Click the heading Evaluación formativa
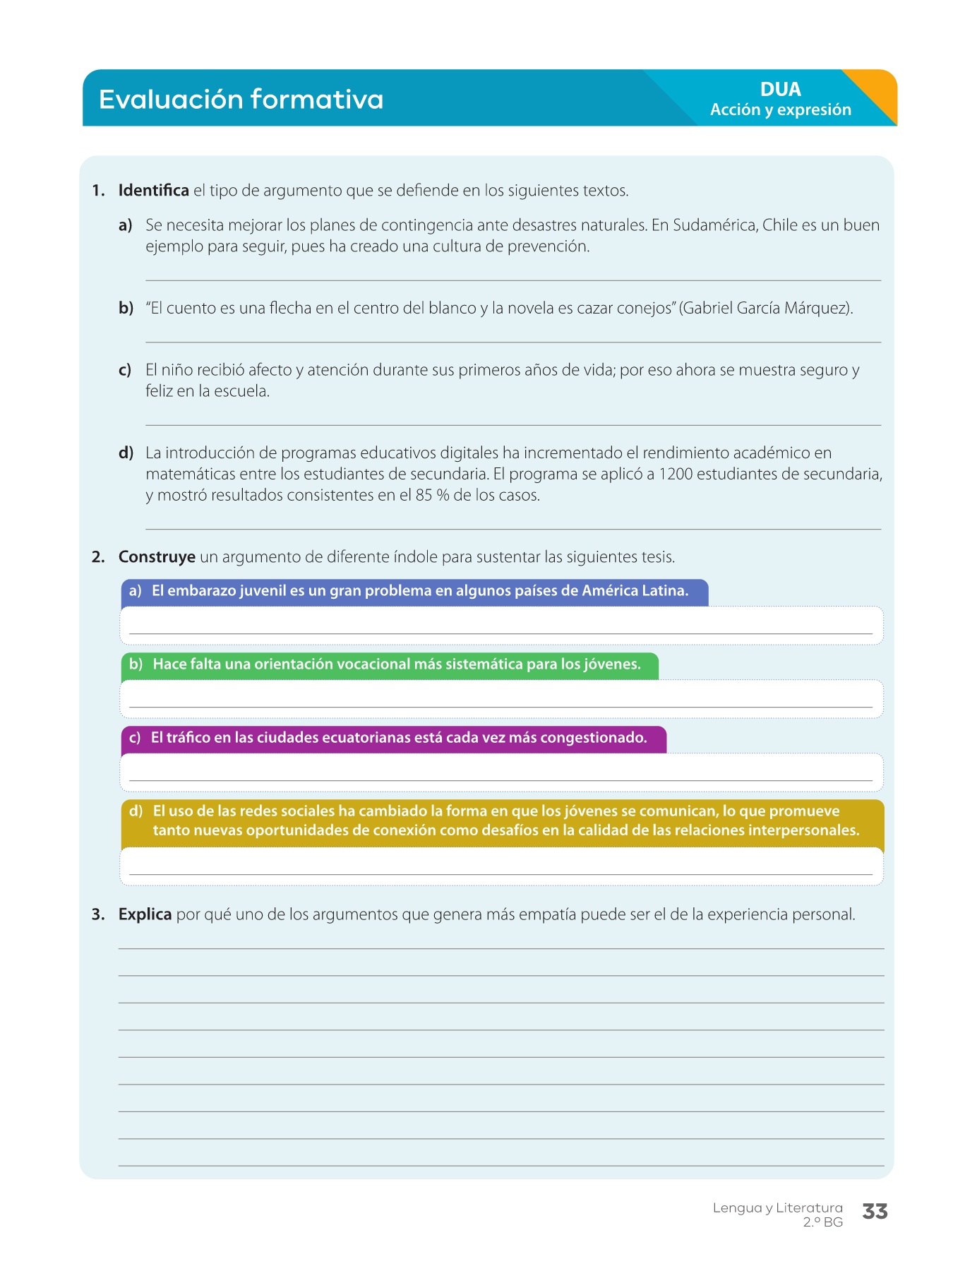click(241, 99)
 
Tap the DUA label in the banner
click(780, 90)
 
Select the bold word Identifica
click(153, 191)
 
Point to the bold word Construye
click(157, 557)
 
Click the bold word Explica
click(145, 914)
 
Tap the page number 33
click(875, 1212)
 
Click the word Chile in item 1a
click(780, 225)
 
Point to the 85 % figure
click(432, 495)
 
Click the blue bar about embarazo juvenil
click(414, 591)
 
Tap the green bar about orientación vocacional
click(390, 664)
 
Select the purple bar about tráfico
click(393, 738)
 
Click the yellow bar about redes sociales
click(501, 821)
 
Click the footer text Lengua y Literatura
click(777, 1207)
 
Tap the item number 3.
click(98, 914)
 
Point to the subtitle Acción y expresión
click(780, 110)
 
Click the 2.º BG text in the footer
click(822, 1222)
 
